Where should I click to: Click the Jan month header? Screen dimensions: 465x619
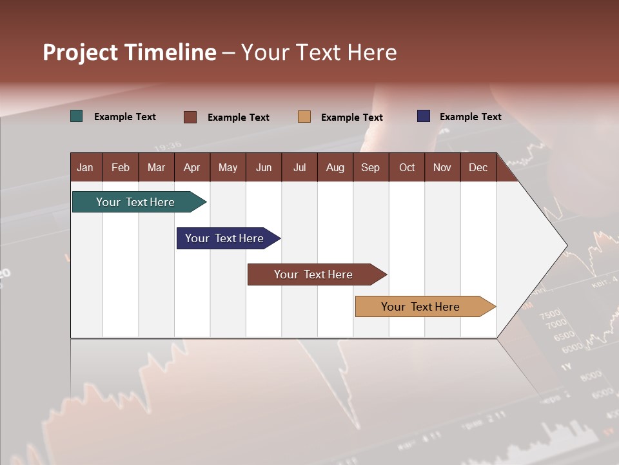(85, 168)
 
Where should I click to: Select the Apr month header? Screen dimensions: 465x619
(192, 168)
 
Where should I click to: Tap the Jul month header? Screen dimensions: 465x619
(299, 168)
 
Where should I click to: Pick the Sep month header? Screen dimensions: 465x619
(370, 168)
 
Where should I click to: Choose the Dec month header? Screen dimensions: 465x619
(478, 168)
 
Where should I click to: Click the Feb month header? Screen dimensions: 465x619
(121, 168)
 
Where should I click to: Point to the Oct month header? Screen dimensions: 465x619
(407, 168)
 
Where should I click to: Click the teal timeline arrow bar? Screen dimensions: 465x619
(135, 202)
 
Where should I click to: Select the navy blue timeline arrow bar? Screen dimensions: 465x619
(224, 238)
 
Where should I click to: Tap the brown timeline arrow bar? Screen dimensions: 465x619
(313, 274)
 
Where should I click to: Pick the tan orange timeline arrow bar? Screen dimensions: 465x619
(420, 307)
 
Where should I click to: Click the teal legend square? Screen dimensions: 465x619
(77, 116)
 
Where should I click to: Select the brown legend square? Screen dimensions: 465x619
(190, 117)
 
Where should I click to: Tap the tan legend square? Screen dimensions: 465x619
(304, 117)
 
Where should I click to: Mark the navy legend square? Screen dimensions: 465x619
(424, 116)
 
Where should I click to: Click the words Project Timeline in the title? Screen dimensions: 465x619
(129, 52)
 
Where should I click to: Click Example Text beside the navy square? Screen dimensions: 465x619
(470, 117)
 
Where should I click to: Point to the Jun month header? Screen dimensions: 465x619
(264, 168)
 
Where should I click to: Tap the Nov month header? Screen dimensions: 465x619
(442, 168)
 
